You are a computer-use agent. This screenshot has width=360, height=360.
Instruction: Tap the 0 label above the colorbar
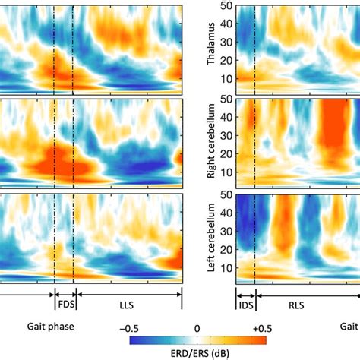[197, 327]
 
